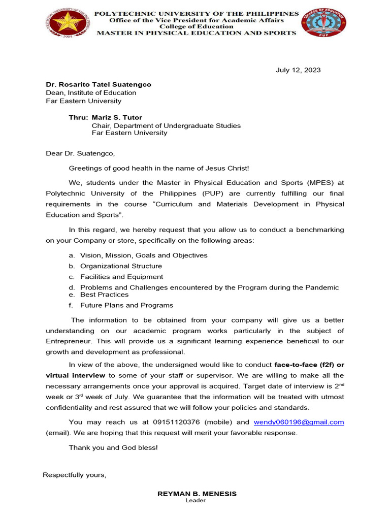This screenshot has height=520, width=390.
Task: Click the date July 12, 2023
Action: [298, 70]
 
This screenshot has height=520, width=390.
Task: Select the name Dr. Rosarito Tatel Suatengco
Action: [99, 85]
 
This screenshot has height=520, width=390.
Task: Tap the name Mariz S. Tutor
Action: [117, 117]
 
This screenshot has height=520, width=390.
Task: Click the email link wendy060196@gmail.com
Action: [299, 422]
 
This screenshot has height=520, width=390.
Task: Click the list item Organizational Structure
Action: [121, 266]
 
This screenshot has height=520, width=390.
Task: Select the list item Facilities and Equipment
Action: [121, 277]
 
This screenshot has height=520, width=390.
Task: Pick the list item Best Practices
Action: [104, 295]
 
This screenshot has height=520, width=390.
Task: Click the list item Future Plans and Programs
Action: [126, 305]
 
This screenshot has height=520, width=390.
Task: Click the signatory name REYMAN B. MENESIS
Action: [197, 494]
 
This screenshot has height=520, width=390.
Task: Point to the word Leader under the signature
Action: [196, 501]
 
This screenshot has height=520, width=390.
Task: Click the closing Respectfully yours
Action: [75, 475]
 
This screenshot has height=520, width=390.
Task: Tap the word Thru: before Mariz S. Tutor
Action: [78, 117]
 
